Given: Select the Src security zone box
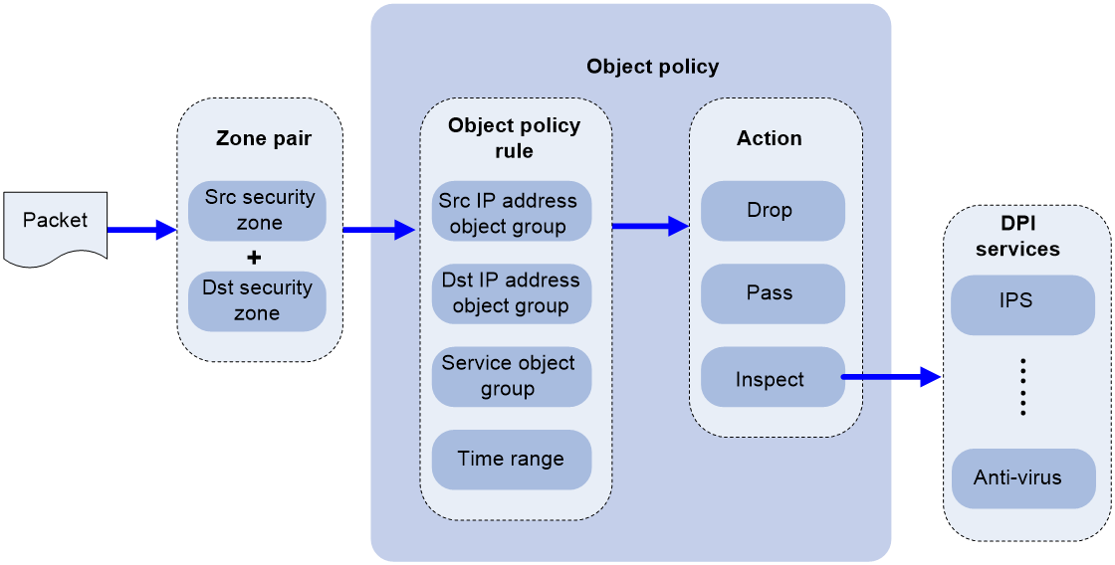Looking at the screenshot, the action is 257,210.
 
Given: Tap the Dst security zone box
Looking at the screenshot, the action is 257,300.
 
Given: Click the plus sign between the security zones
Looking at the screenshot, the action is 254,258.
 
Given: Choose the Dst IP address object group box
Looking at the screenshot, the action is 512,293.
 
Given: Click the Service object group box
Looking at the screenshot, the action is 512,377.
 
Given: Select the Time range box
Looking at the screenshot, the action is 512,460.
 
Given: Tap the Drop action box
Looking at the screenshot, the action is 773,211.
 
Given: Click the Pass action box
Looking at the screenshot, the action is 773,293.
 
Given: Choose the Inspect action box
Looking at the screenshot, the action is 773,377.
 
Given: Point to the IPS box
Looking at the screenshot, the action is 1022,305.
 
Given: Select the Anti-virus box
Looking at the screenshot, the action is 1022,478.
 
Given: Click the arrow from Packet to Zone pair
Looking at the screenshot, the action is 142,230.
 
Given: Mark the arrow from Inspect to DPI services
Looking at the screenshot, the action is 892,376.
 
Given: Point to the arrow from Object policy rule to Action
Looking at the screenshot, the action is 651,226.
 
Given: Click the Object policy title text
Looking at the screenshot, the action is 653,67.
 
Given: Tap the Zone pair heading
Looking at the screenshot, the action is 263,138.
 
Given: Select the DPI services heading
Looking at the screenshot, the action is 1017,236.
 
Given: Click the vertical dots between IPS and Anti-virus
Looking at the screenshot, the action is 1023,387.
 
